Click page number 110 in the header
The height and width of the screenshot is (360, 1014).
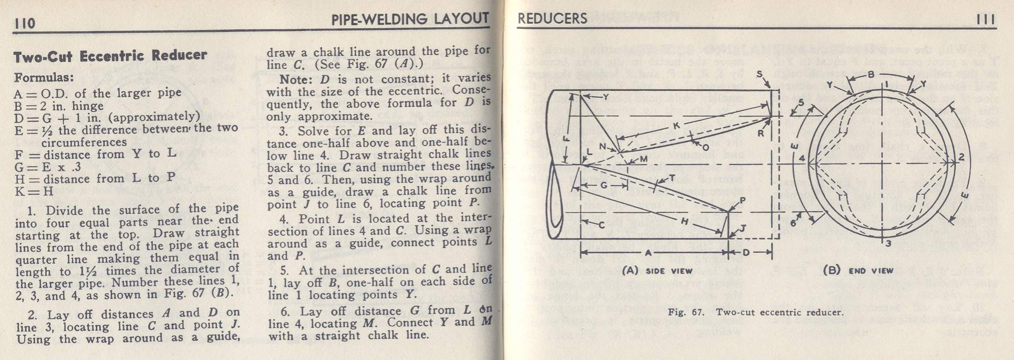[25, 24]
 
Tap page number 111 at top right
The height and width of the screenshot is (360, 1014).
[986, 19]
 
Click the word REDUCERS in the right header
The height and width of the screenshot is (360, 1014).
[552, 19]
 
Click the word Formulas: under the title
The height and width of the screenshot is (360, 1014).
[44, 78]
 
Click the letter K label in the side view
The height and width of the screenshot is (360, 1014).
[676, 126]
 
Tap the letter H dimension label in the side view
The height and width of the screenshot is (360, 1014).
[684, 222]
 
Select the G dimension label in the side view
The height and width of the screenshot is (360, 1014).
[604, 185]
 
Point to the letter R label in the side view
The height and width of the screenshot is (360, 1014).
[760, 133]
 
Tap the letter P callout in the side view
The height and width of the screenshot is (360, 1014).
[742, 200]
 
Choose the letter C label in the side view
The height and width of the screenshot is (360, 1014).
[601, 225]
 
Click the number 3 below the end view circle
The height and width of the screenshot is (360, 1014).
[888, 243]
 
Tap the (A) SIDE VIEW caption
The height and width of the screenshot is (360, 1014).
[657, 271]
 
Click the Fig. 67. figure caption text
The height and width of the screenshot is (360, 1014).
[755, 312]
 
